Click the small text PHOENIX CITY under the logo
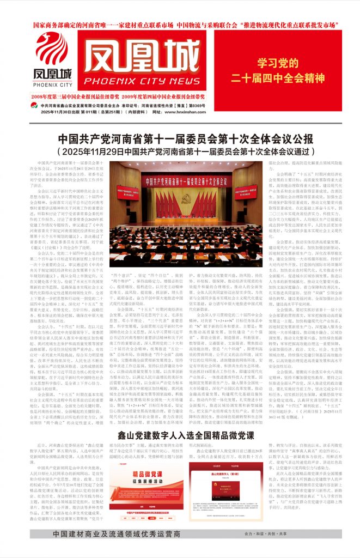[52, 85]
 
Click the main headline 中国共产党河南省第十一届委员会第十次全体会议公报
[180, 139]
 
